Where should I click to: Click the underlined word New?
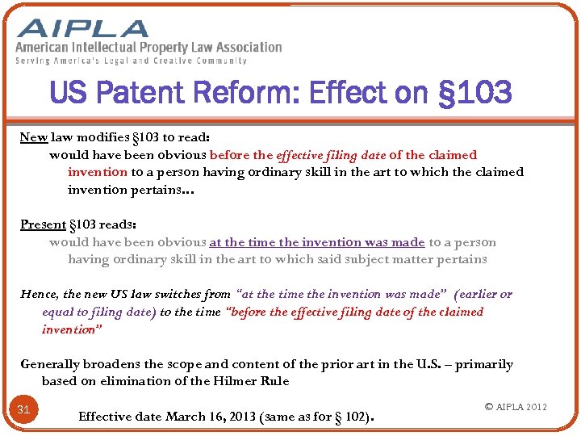[33, 137]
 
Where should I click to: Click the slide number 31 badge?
[24, 409]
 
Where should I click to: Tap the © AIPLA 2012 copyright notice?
[516, 406]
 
